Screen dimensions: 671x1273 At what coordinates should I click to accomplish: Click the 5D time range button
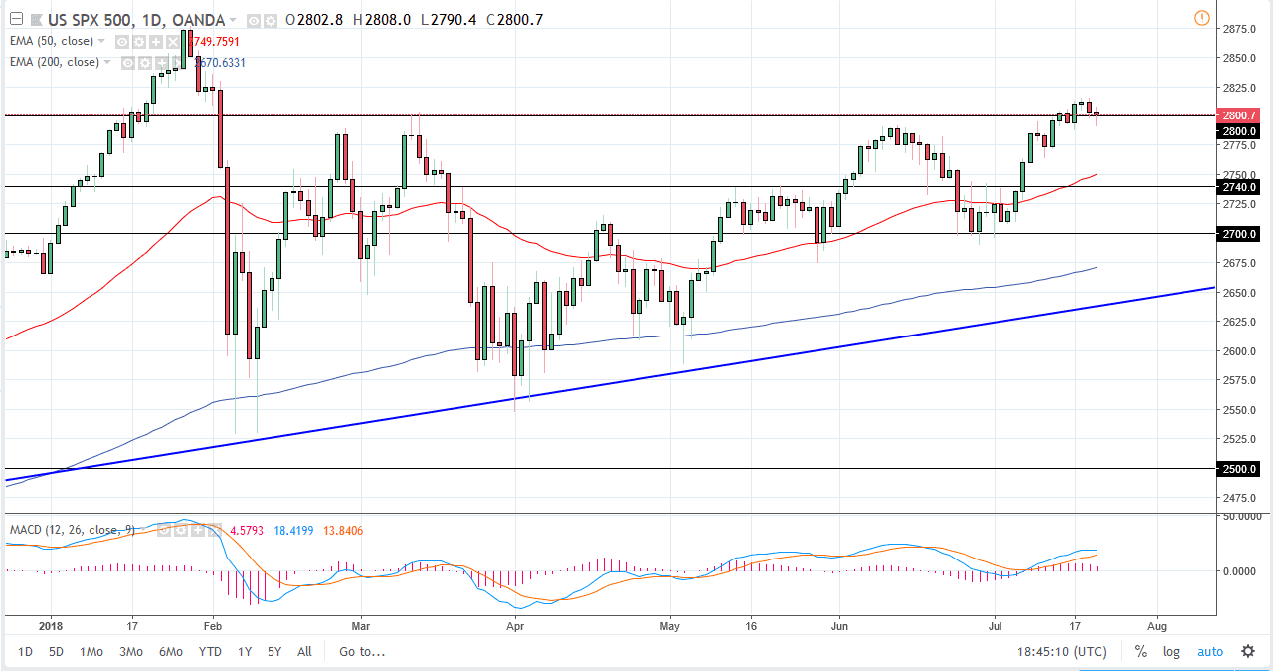point(57,652)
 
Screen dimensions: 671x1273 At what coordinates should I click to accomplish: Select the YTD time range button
point(210,652)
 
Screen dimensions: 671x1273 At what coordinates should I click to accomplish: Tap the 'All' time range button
point(304,652)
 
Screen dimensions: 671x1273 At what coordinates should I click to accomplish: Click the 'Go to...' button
point(361,652)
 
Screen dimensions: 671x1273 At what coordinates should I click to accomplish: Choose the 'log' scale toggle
point(1171,652)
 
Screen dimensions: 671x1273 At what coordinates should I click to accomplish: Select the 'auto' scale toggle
point(1209,652)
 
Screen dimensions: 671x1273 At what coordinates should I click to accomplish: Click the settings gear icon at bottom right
point(1248,652)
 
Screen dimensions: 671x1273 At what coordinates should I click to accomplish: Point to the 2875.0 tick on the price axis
point(1238,29)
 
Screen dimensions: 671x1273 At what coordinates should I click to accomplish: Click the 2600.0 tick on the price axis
point(1238,351)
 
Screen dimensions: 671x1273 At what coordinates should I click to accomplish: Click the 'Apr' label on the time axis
point(514,627)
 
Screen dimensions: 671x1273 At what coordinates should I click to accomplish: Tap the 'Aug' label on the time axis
point(1155,627)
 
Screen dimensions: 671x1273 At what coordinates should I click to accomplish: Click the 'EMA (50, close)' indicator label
point(53,41)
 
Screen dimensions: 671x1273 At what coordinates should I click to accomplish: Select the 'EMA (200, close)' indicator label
point(56,62)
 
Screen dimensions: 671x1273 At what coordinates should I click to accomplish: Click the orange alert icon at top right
point(1201,18)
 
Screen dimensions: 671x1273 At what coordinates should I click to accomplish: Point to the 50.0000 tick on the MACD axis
point(1240,517)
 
